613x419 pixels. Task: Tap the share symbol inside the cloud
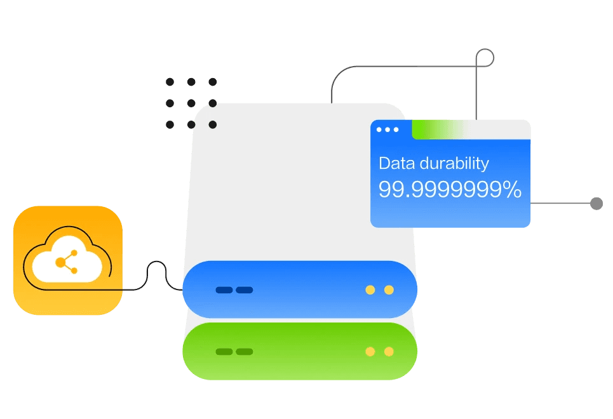pos(66,262)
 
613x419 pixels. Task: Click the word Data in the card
pos(397,163)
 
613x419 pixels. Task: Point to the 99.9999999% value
pos(450,189)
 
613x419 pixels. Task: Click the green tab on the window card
pos(438,130)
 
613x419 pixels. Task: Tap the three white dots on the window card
pos(387,130)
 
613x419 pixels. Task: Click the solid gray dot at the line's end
pos(596,204)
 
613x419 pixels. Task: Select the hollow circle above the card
pos(485,58)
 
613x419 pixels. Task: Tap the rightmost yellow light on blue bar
pos(389,290)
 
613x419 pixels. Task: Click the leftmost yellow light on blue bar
pos(370,290)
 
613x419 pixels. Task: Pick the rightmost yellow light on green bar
pos(389,351)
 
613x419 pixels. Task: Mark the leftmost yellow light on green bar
pos(370,351)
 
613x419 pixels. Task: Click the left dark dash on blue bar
pos(224,290)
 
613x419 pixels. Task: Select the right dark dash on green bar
pos(245,351)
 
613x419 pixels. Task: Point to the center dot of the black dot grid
pos(191,103)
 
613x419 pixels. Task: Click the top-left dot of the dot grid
pos(170,82)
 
